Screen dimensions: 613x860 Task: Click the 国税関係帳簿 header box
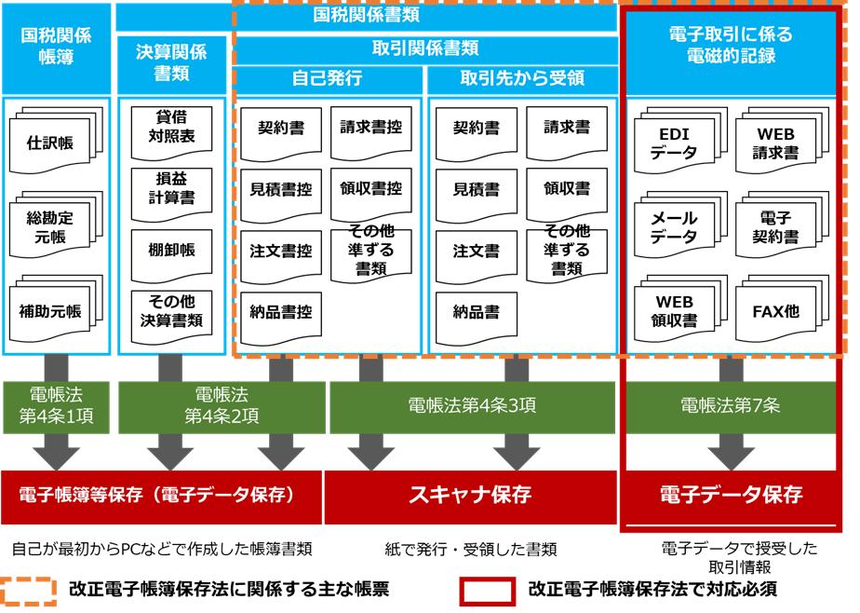pos(56,47)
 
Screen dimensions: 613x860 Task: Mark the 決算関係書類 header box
pos(171,63)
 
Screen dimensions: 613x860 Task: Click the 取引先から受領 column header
pos(522,79)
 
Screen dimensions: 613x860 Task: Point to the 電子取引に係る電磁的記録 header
pos(731,47)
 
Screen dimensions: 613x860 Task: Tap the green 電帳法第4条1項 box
pos(56,406)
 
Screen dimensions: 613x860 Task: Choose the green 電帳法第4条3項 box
pos(472,406)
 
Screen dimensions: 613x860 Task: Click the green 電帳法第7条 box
pos(731,406)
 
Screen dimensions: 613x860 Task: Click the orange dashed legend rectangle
pos(28,592)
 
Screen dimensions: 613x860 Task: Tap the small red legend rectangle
pos(487,592)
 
